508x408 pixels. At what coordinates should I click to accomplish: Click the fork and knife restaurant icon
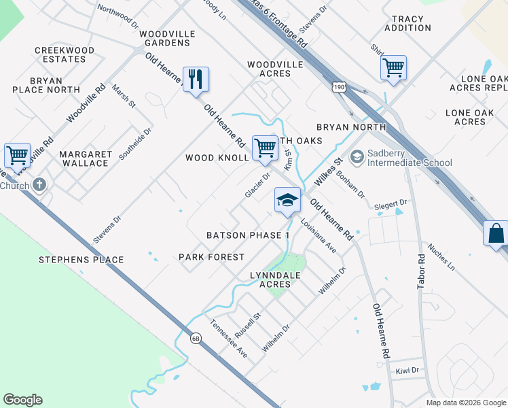[x=196, y=80]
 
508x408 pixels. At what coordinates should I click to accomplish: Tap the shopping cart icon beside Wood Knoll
[x=265, y=148]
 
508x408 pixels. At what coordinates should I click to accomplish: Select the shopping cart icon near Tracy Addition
[x=393, y=68]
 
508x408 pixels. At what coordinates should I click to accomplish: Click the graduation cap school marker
[x=287, y=200]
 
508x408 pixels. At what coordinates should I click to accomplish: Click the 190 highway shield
[x=340, y=86]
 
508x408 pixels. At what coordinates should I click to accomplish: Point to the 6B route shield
[x=196, y=338]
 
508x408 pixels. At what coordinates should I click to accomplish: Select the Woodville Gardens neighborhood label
[x=166, y=38]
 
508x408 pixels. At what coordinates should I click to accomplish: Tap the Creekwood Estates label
[x=65, y=54]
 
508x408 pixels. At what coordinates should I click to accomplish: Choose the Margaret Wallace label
[x=84, y=158]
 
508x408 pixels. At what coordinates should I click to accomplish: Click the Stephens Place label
[x=81, y=260]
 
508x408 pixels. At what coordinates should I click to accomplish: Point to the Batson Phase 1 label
[x=248, y=235]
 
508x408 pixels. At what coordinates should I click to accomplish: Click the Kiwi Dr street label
[x=407, y=371]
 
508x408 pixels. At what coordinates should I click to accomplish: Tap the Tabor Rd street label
[x=421, y=272]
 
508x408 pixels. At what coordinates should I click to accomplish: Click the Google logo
[x=22, y=400]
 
